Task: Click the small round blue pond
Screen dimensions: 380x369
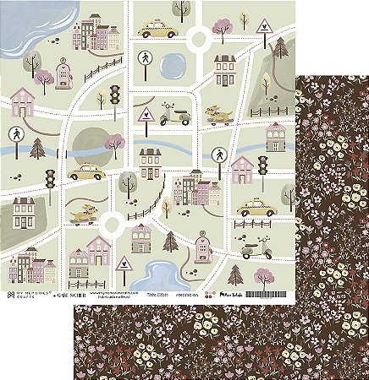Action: tap(173, 63)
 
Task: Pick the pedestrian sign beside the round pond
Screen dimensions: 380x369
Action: tap(145, 59)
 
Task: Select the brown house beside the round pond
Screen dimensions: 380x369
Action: tap(224, 69)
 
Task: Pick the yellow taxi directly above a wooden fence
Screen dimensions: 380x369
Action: tap(251, 208)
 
